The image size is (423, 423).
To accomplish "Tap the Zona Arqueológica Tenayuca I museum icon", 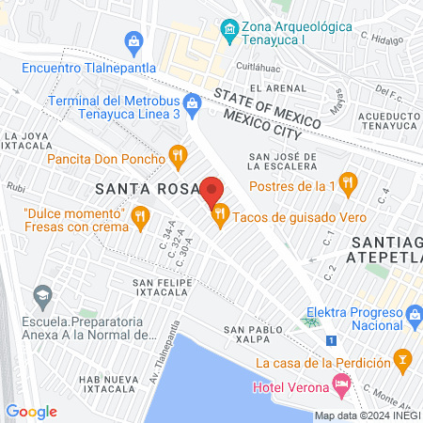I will (x=228, y=31).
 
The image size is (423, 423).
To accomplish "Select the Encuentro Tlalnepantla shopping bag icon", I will (x=133, y=41).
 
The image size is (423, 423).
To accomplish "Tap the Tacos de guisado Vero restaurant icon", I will (x=221, y=217).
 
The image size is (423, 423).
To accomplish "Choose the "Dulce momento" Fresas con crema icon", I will (x=140, y=217).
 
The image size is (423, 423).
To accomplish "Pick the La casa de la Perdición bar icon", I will (x=403, y=360).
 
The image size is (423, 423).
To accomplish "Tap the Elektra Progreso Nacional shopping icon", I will (x=413, y=314).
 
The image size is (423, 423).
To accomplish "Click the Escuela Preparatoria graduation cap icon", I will (x=41, y=298).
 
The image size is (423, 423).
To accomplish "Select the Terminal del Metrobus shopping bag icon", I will (x=192, y=102).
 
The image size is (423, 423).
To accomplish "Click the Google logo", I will (x=31, y=411).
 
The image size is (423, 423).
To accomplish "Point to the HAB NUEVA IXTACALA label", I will (x=109, y=383).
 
